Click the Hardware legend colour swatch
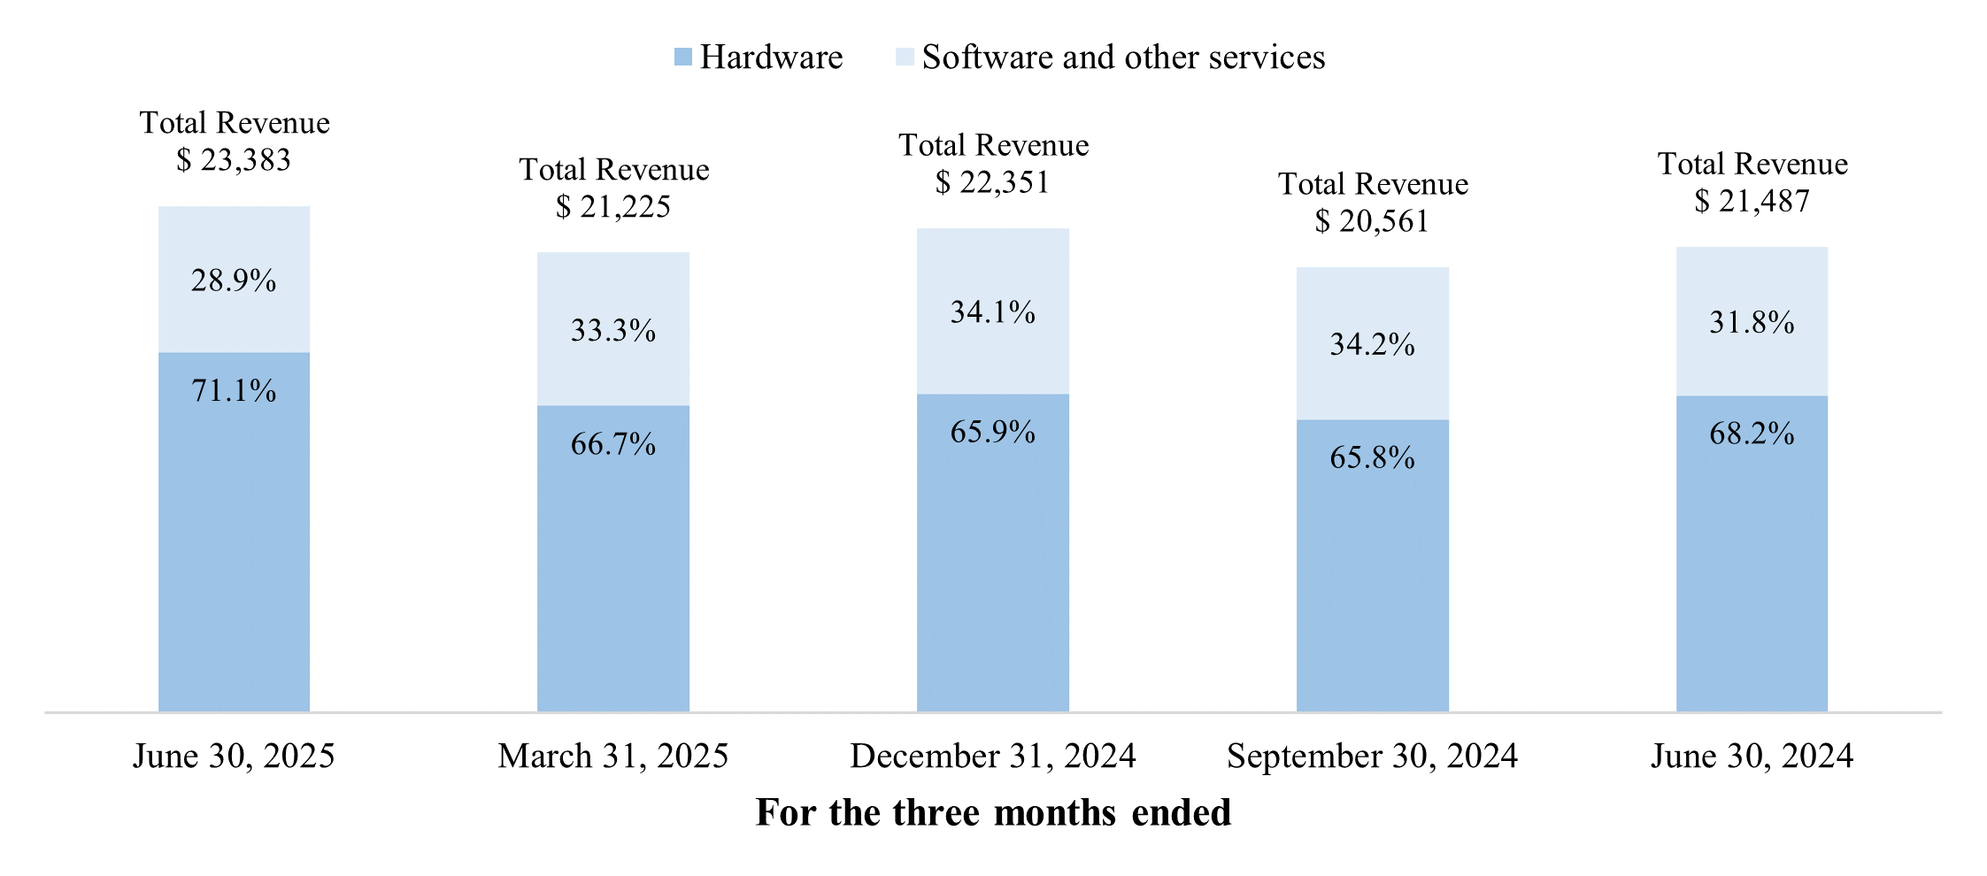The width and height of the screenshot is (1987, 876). point(682,58)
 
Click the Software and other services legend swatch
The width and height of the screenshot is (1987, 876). point(905,58)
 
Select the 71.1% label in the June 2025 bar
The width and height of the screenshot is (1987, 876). point(234,390)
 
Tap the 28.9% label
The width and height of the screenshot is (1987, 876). point(234,280)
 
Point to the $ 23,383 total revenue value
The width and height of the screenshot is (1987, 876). point(234,160)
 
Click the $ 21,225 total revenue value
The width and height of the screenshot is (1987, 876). point(613,207)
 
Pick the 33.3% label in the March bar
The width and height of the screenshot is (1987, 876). point(613,330)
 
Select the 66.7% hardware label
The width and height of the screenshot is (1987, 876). point(613,443)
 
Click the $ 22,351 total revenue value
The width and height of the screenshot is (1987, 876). point(992,182)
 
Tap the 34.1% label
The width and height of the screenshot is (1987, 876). point(992,311)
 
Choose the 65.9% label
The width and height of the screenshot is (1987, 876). point(992,432)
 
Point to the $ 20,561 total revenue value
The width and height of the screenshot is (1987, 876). point(1372,221)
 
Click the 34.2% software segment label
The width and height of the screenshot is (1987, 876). point(1372,343)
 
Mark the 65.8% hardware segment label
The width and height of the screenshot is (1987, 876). point(1372,457)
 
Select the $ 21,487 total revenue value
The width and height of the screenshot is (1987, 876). point(1752,202)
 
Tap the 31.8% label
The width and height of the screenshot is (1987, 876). point(1752,322)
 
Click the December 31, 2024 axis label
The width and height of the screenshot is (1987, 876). point(992,757)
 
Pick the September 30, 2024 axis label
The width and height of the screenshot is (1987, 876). point(1372,757)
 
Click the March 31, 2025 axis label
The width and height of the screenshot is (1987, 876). point(613,757)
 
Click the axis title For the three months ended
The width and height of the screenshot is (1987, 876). point(993,812)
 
